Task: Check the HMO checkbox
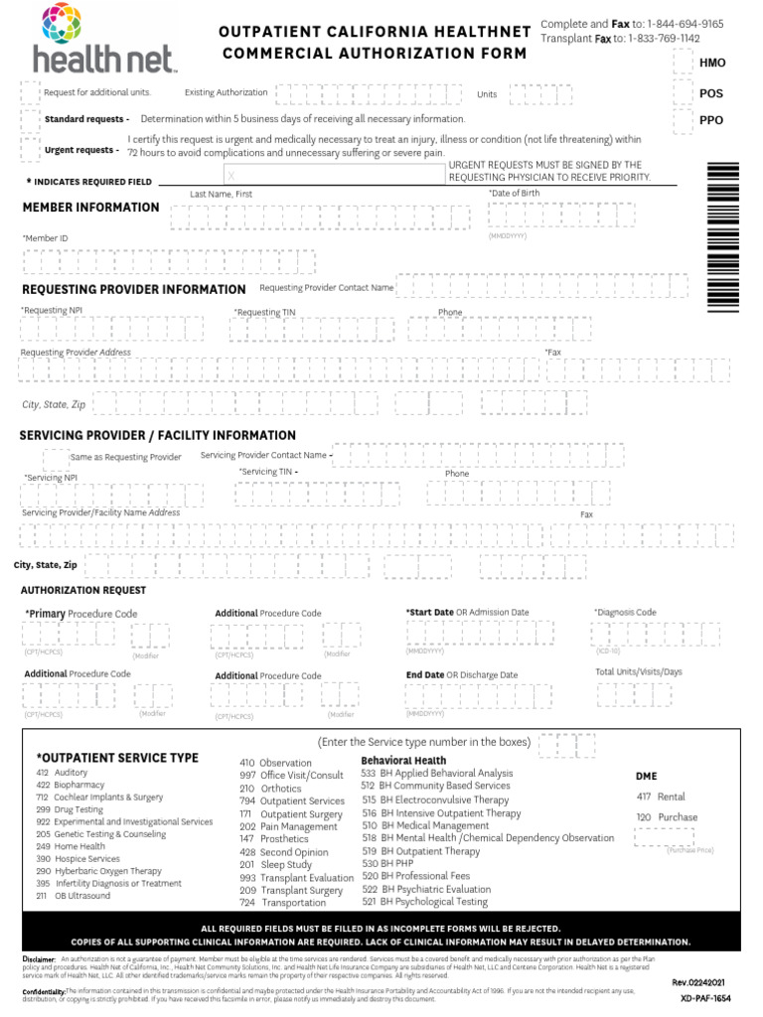[x=683, y=63]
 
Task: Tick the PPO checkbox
[x=683, y=120]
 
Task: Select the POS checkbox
[x=683, y=92]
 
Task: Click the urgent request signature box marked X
[x=333, y=174]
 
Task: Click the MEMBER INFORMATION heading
[x=90, y=208]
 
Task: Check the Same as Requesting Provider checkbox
[x=56, y=458]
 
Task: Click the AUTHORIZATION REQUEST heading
[x=82, y=590]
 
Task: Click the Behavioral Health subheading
[x=403, y=760]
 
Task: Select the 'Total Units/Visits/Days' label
[x=639, y=672]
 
